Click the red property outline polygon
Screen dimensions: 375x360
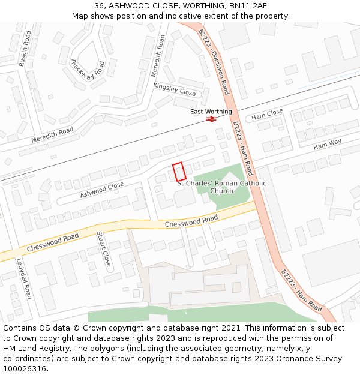click(179, 172)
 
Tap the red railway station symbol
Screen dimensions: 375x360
click(211, 119)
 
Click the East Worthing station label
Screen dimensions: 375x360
click(211, 112)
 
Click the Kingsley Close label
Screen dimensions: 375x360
click(175, 89)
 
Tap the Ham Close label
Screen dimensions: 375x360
click(267, 115)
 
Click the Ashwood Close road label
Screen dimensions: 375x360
click(102, 190)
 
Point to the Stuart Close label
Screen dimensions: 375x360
click(104, 250)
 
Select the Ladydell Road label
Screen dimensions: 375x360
click(23, 279)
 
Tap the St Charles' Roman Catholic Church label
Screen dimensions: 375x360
click(222, 187)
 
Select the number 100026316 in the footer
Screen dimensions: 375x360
click(25, 369)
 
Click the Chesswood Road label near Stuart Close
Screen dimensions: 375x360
click(53, 242)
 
